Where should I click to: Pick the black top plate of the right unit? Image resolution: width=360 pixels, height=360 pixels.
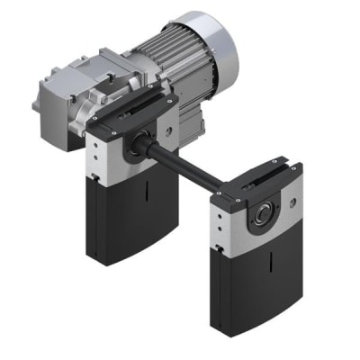pos(261,180)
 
